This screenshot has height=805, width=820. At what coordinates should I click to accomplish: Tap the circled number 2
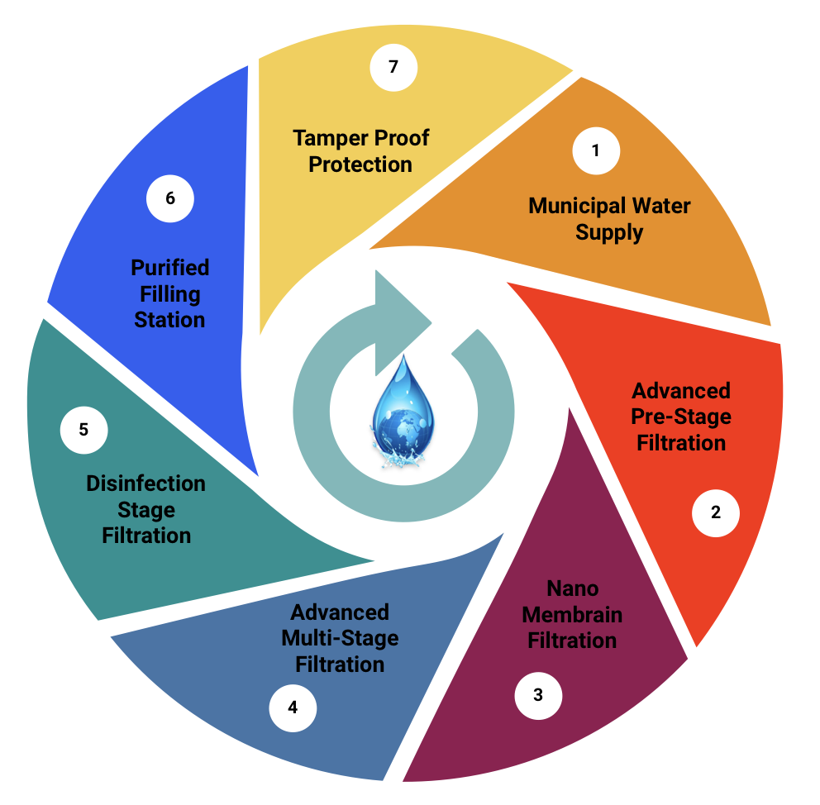(716, 512)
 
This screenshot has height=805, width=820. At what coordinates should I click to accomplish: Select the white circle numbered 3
(538, 694)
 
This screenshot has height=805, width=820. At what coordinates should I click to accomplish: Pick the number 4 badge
(293, 707)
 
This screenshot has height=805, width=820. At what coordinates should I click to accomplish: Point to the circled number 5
(83, 430)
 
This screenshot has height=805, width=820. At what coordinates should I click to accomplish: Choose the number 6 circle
(170, 198)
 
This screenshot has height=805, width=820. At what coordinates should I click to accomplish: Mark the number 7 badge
(393, 66)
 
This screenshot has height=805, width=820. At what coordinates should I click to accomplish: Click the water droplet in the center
(403, 404)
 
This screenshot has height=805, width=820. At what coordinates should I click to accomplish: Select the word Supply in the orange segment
(609, 232)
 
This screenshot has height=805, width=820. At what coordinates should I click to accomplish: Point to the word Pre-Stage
(682, 416)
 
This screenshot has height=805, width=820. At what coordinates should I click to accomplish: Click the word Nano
(572, 588)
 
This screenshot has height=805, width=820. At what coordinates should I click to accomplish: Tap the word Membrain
(572, 614)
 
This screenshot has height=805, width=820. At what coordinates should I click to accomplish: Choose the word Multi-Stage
(340, 638)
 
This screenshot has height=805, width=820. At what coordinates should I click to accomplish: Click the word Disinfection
(146, 483)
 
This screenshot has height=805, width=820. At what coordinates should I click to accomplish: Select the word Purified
(170, 267)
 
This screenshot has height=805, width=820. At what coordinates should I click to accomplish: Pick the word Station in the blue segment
(170, 319)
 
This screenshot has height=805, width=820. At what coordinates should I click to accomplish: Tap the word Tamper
(328, 137)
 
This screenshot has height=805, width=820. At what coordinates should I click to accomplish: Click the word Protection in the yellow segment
(360, 164)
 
